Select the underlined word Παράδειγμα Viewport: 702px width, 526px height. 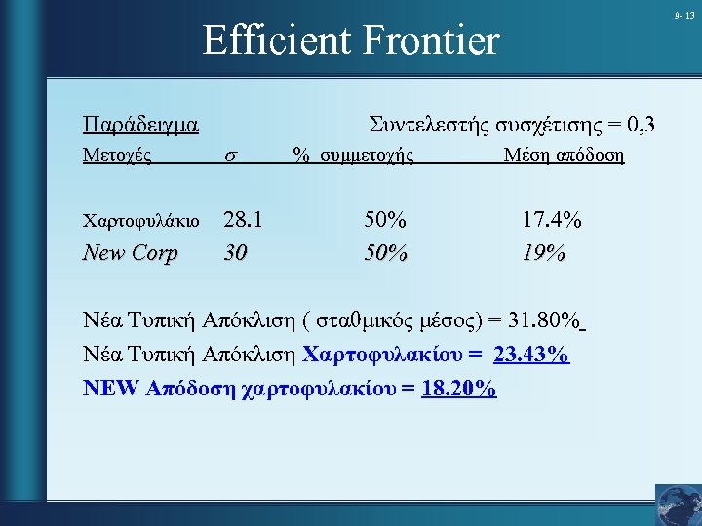141,126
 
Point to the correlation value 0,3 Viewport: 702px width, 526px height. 642,125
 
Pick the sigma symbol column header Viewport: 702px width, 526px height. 230,156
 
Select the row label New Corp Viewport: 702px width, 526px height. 131,253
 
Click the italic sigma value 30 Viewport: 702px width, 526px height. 235,253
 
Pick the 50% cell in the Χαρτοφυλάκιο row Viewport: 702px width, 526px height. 383,220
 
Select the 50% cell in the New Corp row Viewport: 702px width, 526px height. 383,253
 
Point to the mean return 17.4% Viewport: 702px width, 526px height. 552,220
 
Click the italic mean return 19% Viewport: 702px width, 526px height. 544,253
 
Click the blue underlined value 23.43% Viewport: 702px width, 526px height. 531,355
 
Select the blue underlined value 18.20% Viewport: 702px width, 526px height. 459,389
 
